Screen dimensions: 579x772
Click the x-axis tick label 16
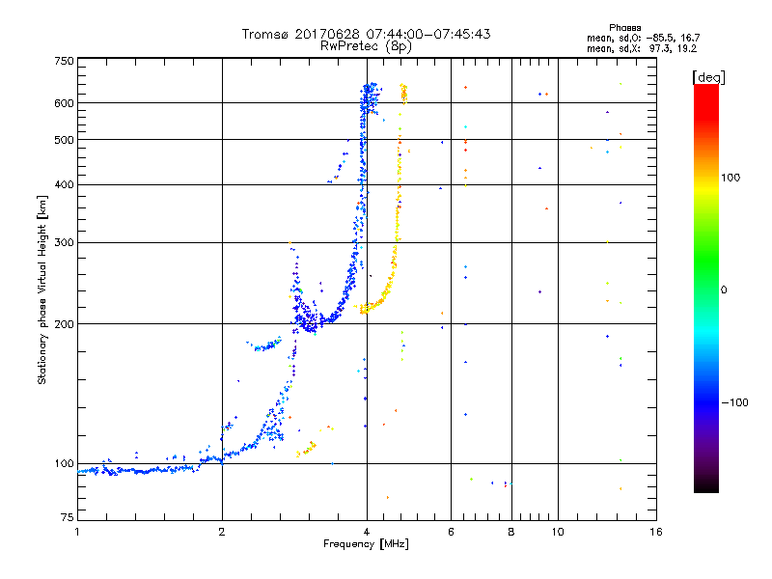(655, 532)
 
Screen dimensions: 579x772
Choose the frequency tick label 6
(451, 532)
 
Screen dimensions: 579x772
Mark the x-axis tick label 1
(77, 532)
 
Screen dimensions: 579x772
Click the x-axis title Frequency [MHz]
(367, 545)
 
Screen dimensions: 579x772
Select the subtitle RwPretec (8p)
(367, 45)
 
